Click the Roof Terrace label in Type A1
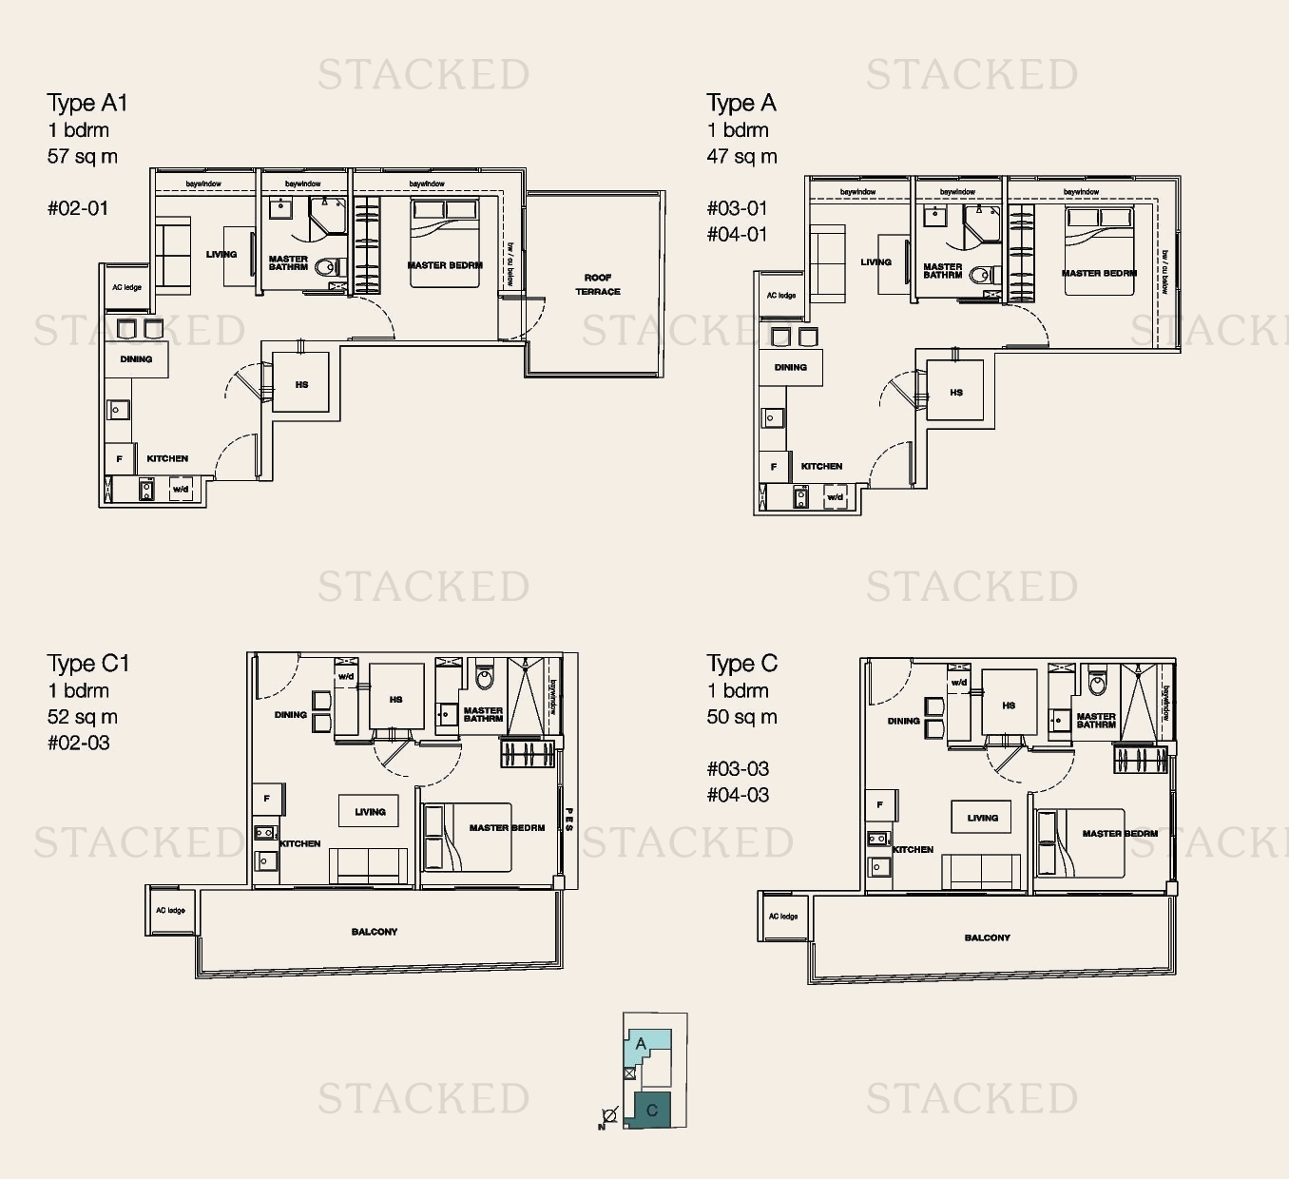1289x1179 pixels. coord(597,284)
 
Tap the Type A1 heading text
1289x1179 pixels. coord(87,103)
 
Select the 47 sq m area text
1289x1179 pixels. coord(741,156)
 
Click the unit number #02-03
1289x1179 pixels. coord(79,743)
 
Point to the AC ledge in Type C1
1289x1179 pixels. coord(171,911)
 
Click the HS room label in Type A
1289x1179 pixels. coord(956,393)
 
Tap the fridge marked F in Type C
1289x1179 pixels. coord(880,805)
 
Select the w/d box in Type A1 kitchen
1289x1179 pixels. coord(181,490)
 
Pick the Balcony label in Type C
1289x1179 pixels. coord(987,937)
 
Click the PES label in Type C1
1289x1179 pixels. coord(569,821)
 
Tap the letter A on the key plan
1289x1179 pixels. coord(641,1044)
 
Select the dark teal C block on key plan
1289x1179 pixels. coord(651,1110)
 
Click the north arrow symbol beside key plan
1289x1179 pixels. coord(608,1116)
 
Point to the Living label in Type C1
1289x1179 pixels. coord(370,812)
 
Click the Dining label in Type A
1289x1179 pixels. coord(790,367)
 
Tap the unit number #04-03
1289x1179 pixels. coord(738,795)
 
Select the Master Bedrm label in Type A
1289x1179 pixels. coord(1099,273)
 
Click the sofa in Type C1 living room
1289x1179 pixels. coord(368,865)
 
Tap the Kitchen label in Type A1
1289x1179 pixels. coord(167,458)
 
